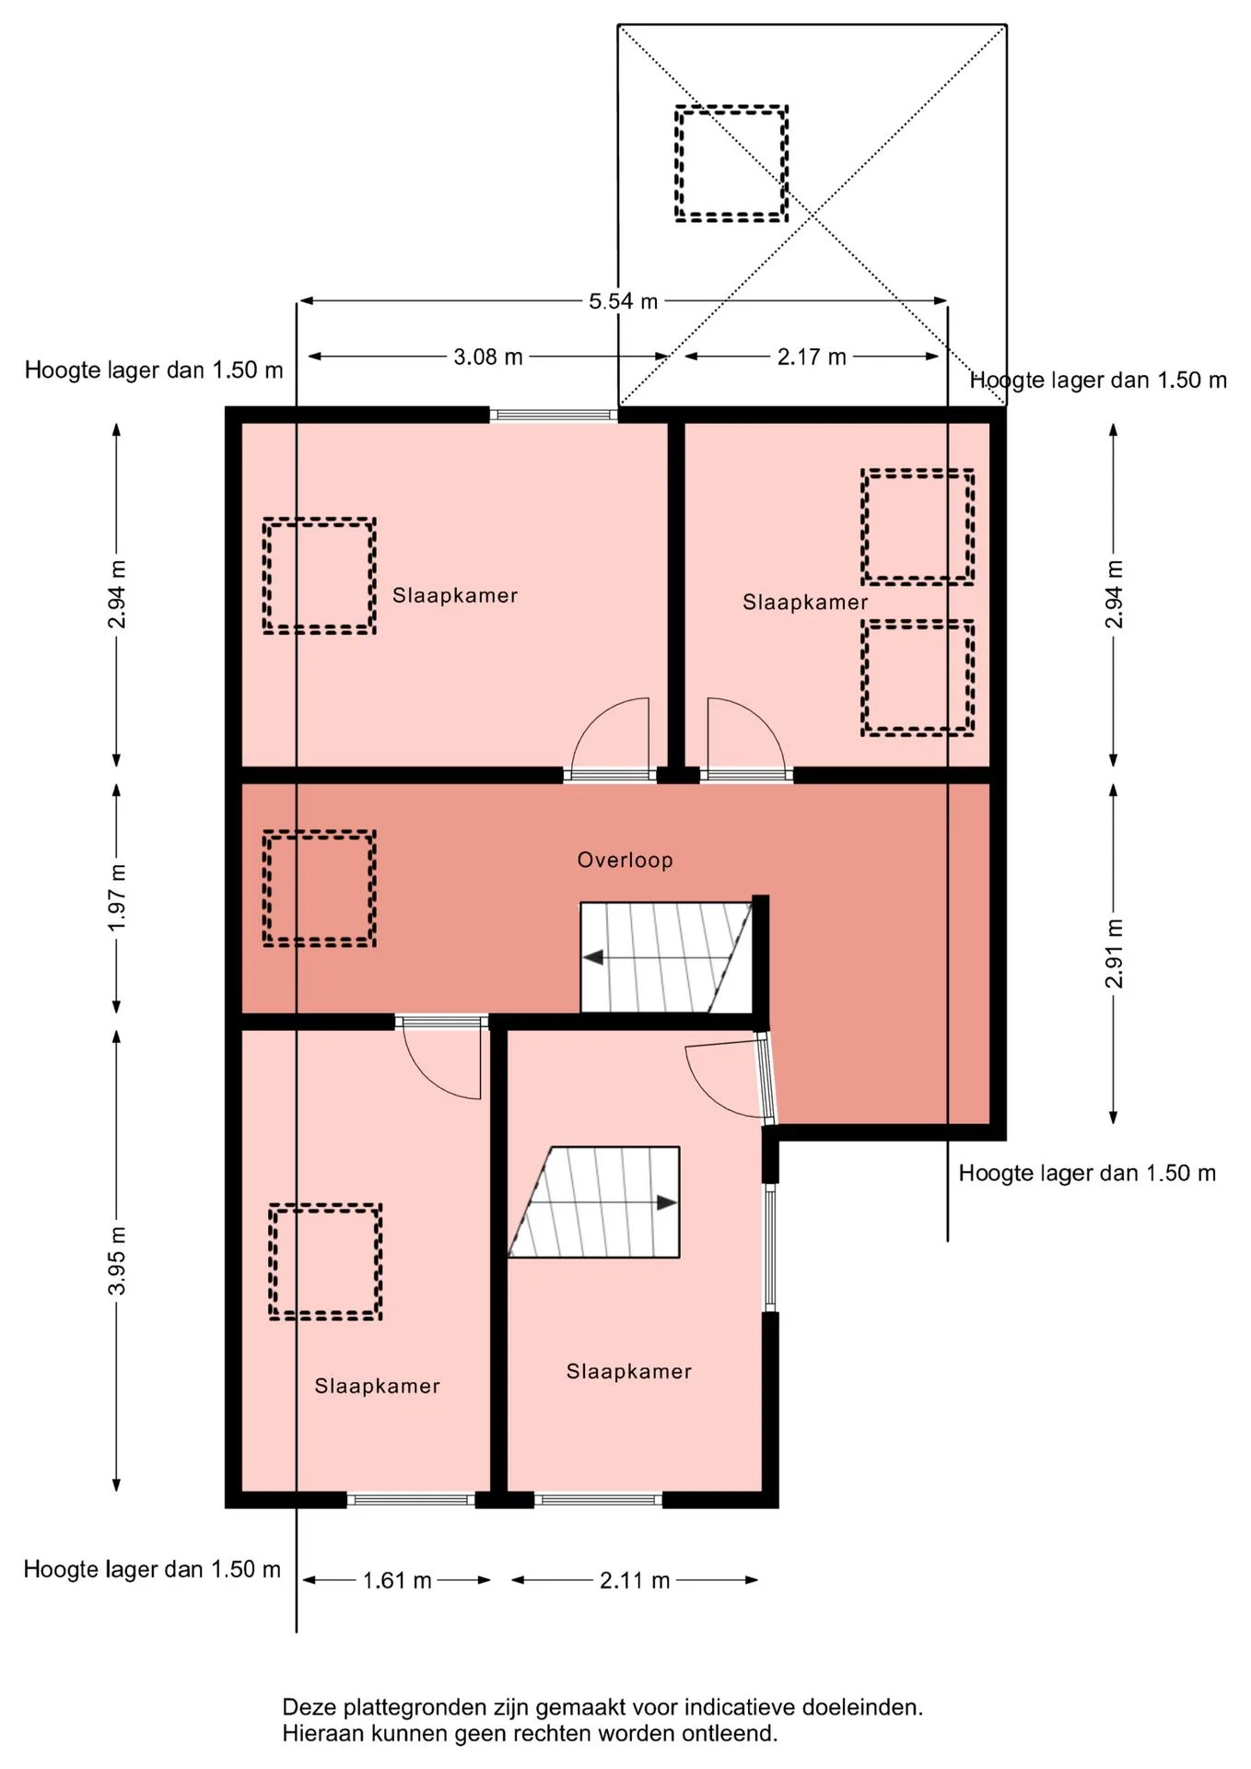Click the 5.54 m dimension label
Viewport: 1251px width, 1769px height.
624,301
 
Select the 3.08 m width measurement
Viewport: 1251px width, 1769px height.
488,357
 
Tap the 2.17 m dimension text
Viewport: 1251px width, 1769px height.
812,357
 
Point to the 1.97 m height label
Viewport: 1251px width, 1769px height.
117,896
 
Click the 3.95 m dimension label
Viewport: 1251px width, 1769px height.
117,1260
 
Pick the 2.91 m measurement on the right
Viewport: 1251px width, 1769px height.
1114,954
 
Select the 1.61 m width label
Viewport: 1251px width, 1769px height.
397,1580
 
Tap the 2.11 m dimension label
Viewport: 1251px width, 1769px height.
635,1580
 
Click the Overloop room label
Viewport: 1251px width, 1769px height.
625,860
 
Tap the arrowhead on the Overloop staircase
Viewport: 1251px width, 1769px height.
593,957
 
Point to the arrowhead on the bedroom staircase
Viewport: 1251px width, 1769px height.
667,1202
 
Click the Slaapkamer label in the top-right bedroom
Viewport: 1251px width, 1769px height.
805,602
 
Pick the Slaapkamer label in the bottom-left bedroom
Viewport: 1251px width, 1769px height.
377,1386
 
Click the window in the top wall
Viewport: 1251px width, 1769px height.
554,415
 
